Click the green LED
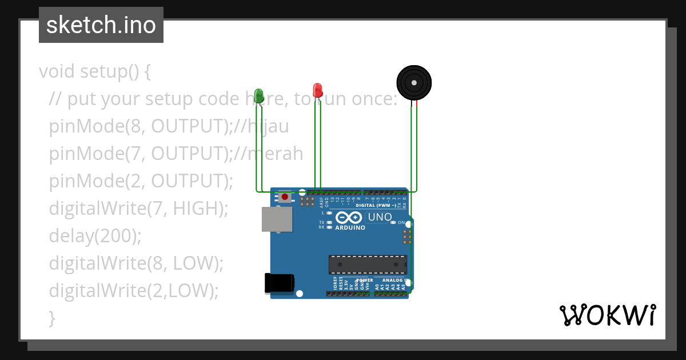click(258, 95)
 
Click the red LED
click(317, 90)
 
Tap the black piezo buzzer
click(414, 83)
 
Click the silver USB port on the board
click(277, 219)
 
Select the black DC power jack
click(280, 283)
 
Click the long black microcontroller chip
click(368, 264)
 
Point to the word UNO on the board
click(380, 217)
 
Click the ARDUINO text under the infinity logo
click(350, 227)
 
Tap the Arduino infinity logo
click(349, 218)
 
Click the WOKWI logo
click(607, 315)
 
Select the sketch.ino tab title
click(101, 25)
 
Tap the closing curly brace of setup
click(53, 318)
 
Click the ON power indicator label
click(401, 222)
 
